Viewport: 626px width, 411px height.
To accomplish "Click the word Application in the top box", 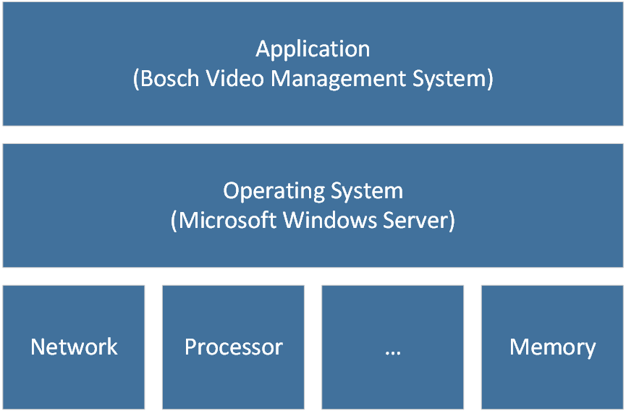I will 313,50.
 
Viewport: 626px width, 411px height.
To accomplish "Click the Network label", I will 74,347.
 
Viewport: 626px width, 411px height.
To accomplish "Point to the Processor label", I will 233,347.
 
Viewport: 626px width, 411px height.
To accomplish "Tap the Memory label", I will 552,347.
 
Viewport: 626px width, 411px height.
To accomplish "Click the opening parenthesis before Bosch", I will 137,79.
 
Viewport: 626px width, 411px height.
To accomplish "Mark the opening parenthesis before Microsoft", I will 174,220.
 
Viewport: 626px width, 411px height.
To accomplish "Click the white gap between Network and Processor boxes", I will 153,347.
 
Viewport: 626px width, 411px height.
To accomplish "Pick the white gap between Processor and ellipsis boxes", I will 313,347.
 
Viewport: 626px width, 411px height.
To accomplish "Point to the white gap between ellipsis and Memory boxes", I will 473,347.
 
